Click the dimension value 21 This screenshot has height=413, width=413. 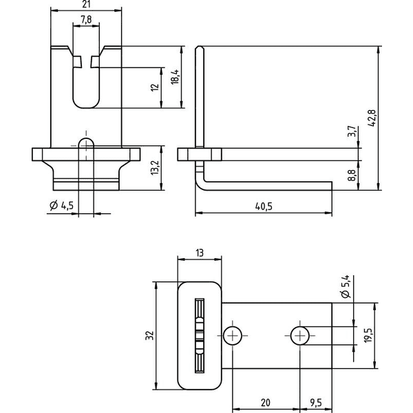click(87, 4)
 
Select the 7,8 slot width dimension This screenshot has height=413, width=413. click(86, 19)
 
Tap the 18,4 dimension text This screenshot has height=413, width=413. click(175, 77)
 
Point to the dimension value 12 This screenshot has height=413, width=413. click(155, 87)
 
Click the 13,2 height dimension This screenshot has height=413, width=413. click(155, 168)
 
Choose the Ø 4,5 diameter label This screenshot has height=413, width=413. click(62, 205)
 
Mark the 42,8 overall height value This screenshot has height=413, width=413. click(372, 118)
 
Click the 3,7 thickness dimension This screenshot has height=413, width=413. click(352, 131)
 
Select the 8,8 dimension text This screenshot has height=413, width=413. click(352, 175)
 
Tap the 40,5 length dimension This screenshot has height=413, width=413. click(264, 206)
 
